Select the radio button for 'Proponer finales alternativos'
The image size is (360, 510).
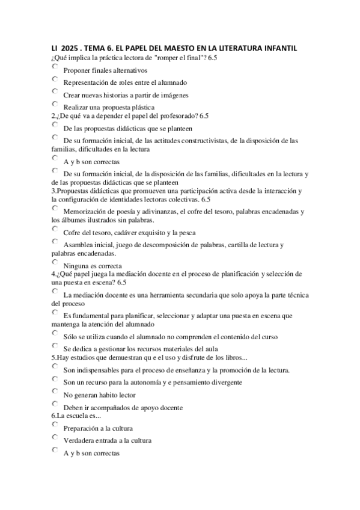tap(55, 67)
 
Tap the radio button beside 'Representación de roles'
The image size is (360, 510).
tap(55, 79)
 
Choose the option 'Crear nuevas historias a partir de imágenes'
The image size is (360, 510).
tap(55, 92)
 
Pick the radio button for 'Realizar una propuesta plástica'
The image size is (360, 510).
tap(55, 104)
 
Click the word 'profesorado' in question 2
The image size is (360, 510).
tap(158, 116)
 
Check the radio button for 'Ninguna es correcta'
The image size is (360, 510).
tap(55, 263)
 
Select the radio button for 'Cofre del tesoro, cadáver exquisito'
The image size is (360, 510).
tap(55, 230)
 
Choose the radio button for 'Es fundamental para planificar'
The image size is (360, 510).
tap(55, 313)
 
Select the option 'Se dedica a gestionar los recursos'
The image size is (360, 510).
tap(55, 346)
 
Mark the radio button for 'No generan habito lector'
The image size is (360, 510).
tap(55, 392)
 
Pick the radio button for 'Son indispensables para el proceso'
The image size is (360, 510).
tap(55, 367)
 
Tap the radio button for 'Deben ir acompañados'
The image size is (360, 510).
tap(55, 404)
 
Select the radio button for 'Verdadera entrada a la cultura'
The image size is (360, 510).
tap(55, 438)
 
